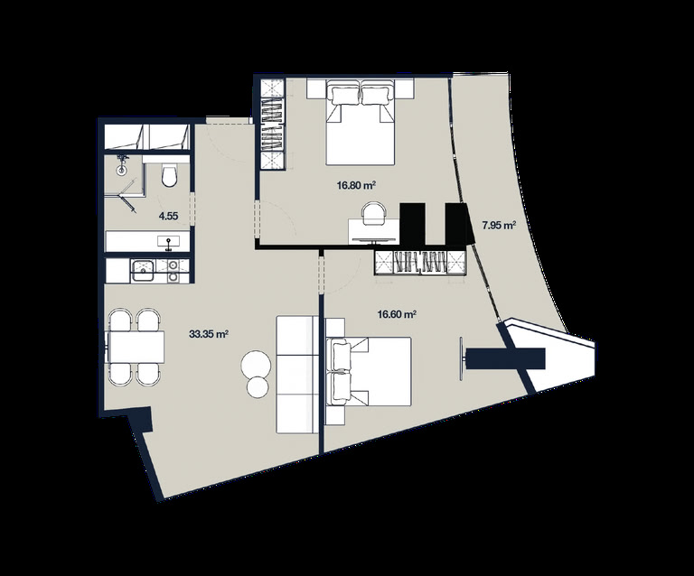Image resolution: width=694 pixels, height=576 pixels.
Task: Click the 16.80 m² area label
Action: (356, 186)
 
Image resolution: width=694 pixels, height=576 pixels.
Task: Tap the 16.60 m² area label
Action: (396, 315)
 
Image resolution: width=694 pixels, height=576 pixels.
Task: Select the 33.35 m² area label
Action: (209, 334)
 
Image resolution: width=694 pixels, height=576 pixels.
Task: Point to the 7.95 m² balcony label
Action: (500, 226)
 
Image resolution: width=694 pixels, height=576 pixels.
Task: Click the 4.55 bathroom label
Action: (168, 216)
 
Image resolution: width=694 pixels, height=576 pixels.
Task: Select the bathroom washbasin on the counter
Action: (169, 241)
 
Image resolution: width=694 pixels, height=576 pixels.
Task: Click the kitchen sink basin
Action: (144, 270)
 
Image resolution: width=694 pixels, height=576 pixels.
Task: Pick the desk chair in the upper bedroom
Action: (374, 213)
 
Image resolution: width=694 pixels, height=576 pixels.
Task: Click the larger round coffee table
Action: (256, 365)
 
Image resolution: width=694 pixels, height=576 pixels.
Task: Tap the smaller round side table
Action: (258, 387)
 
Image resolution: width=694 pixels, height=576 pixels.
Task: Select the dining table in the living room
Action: (136, 347)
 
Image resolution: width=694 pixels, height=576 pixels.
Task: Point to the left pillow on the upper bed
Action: (342, 95)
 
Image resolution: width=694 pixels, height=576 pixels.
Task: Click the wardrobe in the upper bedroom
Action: (272, 125)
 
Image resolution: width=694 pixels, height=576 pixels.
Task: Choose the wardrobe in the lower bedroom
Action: (420, 263)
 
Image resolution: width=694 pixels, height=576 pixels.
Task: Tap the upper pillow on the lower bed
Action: (342, 355)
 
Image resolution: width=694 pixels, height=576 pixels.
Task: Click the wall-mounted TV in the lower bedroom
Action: (462, 358)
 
